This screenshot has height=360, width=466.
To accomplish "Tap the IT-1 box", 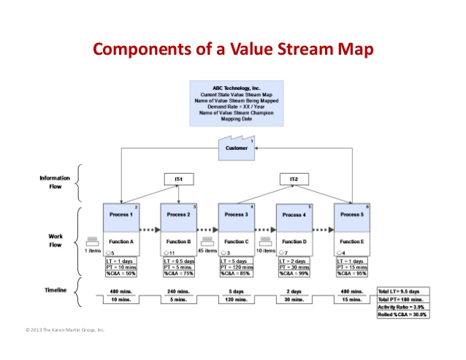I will (180, 179).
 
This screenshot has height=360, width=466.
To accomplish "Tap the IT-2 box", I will (294, 179).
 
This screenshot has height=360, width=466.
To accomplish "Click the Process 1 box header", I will (121, 215).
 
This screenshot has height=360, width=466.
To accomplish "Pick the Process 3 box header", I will (237, 215).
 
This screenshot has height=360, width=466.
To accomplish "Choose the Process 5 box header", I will (352, 215).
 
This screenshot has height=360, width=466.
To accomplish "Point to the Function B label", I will (178, 241).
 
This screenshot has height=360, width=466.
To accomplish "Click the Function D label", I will (294, 241).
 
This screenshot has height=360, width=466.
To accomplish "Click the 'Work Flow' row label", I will (55, 240).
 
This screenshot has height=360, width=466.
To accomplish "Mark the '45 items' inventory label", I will (207, 250).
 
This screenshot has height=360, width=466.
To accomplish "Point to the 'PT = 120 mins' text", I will (237, 268).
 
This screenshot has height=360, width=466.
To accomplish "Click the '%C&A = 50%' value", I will (121, 274).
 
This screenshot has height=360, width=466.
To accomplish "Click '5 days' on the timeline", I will (237, 290).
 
